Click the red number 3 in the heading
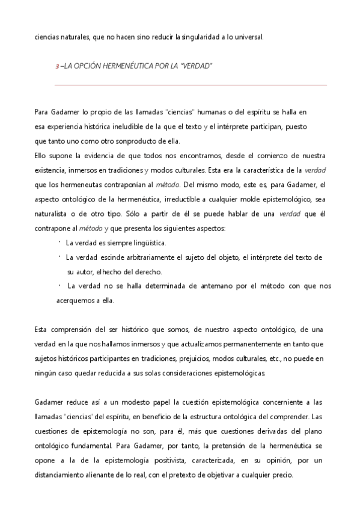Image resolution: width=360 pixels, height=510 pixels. (x=56, y=66)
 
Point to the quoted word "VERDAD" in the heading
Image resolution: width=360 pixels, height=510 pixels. (x=198, y=65)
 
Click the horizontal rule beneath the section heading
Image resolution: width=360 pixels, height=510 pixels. (x=191, y=85)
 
